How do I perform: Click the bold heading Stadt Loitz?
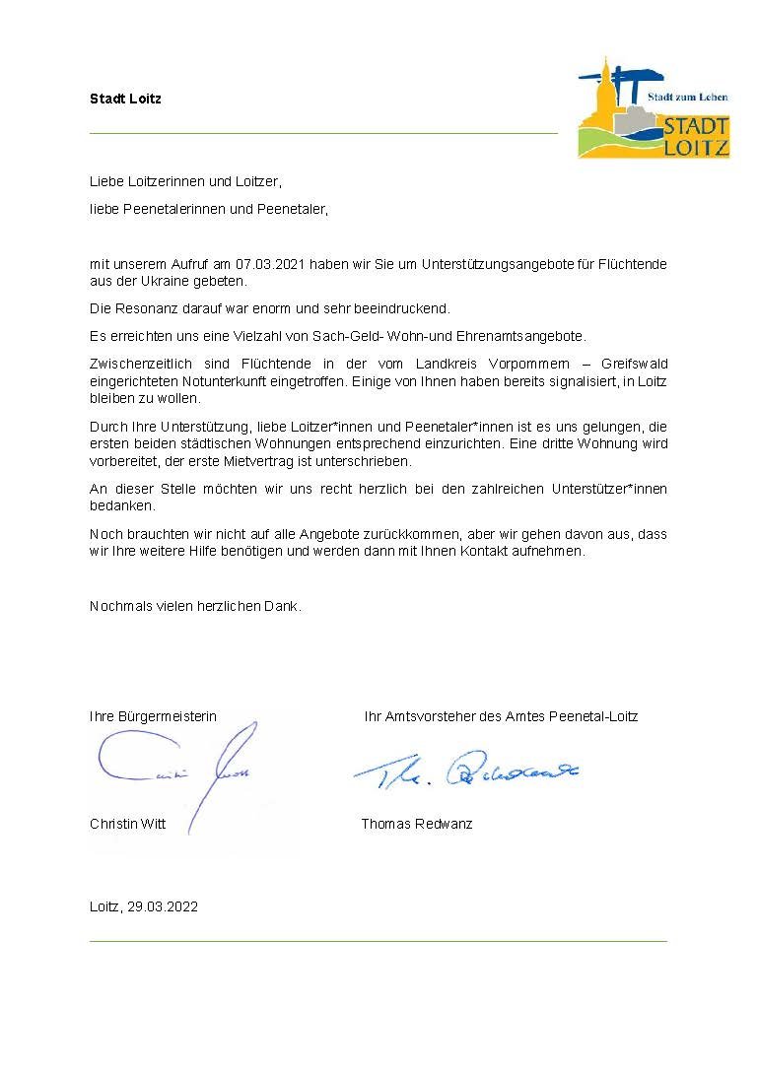[x=125, y=99]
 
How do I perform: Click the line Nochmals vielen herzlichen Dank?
[x=195, y=606]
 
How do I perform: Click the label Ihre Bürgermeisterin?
[x=153, y=716]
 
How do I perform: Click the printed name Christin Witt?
[x=127, y=824]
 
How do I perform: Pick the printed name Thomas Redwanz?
[x=416, y=824]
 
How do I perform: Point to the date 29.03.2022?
[x=163, y=907]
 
